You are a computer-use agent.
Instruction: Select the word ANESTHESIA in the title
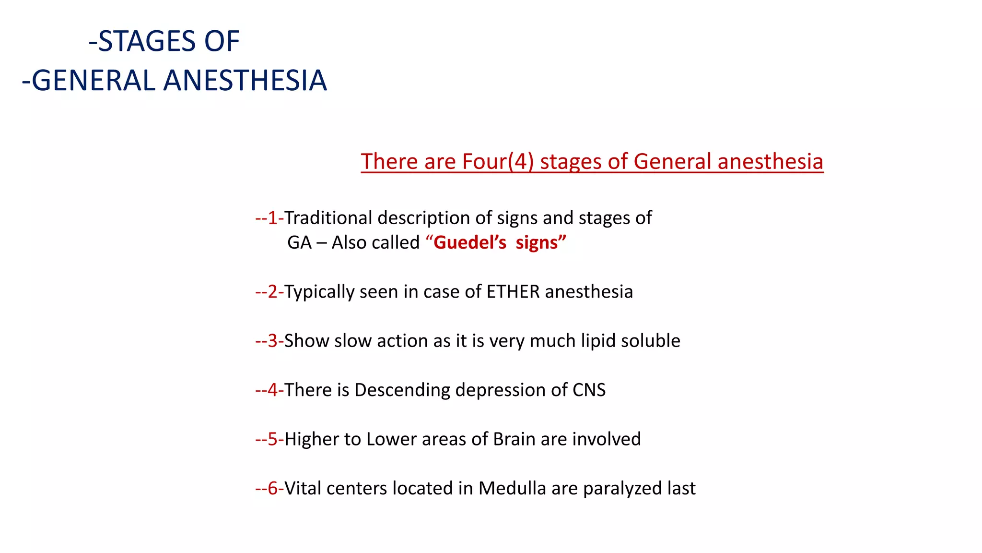click(245, 80)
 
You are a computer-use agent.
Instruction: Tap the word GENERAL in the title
click(94, 80)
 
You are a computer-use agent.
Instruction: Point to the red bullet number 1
click(272, 218)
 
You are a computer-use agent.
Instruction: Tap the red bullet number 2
click(272, 292)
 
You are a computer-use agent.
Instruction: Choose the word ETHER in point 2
click(513, 292)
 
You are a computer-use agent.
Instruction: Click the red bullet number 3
click(272, 341)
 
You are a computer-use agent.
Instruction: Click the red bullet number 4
click(272, 390)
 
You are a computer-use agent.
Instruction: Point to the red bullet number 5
click(272, 439)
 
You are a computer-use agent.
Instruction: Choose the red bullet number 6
click(272, 488)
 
